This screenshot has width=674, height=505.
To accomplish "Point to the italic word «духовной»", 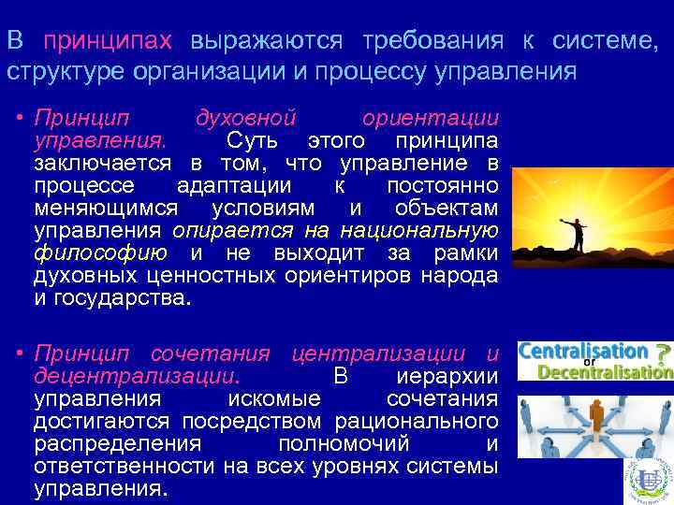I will tap(245, 120).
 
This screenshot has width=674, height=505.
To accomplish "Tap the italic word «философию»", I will tap(100, 252).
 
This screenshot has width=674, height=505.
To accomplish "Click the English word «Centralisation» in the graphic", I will tap(581, 352).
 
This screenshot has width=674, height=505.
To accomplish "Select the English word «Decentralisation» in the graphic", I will tap(604, 372).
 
